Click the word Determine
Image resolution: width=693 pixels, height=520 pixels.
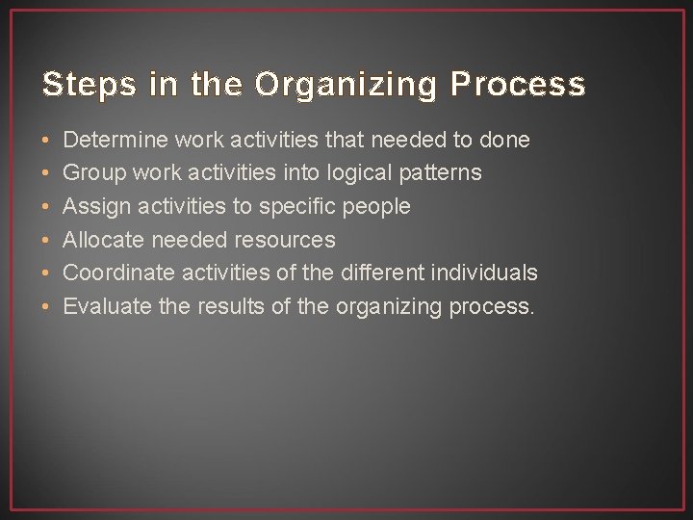(115, 140)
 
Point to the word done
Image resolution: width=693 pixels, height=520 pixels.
(504, 140)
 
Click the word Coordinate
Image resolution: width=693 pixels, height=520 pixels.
(118, 273)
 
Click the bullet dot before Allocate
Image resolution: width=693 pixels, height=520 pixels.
(47, 241)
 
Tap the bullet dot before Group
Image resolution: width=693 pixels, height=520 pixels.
(47, 174)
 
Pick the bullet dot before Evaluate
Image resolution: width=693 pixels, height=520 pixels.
(47, 307)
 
